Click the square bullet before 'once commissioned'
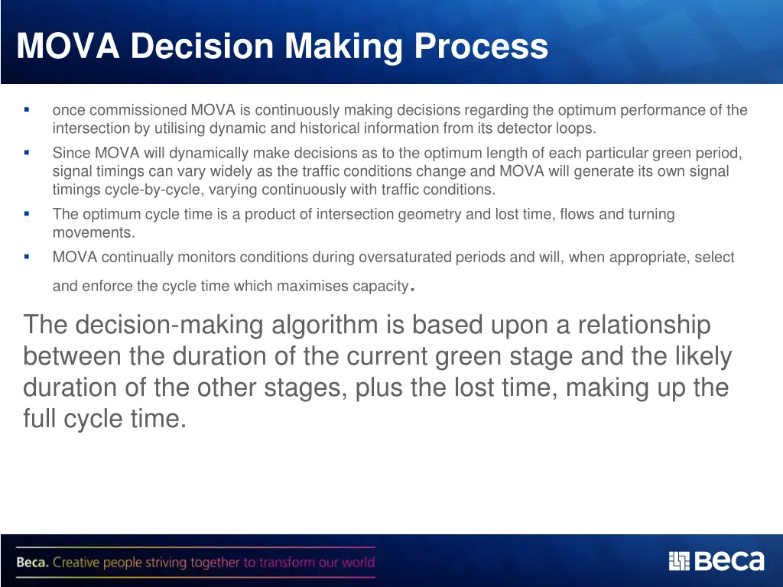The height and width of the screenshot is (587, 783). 26,110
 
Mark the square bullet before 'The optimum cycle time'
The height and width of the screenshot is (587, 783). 26,214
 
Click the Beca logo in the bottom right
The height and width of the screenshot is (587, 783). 716,561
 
